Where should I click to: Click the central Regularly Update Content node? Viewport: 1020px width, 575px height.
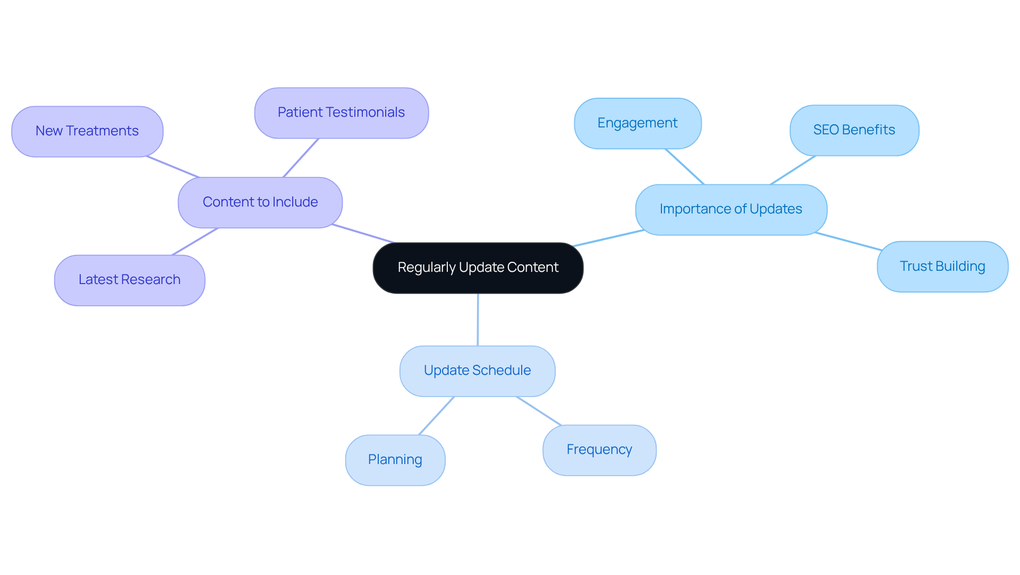point(478,268)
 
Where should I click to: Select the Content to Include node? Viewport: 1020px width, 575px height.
point(260,202)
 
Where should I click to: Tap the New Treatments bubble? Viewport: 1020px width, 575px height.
point(87,131)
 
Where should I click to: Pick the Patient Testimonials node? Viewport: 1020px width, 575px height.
point(341,113)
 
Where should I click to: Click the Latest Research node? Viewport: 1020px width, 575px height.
point(130,280)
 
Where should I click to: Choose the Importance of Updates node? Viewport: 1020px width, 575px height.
point(730,209)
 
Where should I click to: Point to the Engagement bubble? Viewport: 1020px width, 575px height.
point(637,123)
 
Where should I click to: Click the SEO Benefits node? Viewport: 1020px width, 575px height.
point(854,130)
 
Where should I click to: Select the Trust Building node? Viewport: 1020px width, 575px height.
point(942,267)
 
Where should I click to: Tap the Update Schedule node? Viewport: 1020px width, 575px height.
point(477,371)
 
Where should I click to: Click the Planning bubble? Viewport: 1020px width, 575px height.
point(395,460)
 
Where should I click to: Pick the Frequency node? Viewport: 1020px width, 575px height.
point(599,450)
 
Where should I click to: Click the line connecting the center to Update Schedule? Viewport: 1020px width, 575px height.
point(478,319)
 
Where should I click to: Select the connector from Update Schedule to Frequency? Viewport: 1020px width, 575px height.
point(539,411)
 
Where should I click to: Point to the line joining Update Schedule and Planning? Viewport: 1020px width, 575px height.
point(437,416)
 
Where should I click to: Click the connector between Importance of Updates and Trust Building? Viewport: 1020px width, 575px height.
point(848,241)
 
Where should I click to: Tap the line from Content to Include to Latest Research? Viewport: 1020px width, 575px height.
point(195,242)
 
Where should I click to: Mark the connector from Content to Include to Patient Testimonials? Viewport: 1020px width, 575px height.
point(301,158)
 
